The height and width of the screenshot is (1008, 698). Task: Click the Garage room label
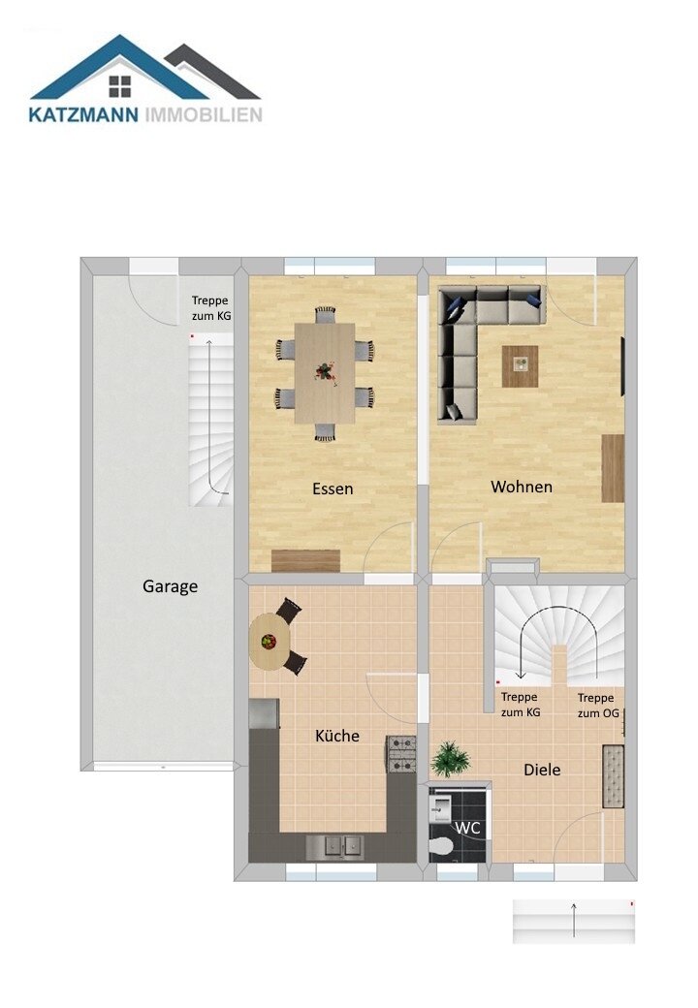click(x=170, y=586)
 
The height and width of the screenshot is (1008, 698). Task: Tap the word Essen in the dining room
click(x=333, y=488)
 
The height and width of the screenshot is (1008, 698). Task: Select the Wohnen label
click(x=522, y=487)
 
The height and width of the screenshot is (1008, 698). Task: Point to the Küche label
click(x=336, y=736)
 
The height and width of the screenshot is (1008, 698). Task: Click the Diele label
click(x=542, y=770)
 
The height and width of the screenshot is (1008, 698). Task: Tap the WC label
click(x=467, y=828)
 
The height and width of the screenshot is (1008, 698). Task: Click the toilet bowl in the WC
click(x=441, y=848)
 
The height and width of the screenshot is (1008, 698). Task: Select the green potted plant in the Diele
click(x=450, y=759)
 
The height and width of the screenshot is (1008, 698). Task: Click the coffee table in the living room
click(x=520, y=366)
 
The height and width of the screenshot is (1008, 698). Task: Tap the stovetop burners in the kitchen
click(x=401, y=755)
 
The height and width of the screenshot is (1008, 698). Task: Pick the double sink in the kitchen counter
click(x=334, y=847)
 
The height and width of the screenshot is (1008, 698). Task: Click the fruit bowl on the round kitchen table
click(x=269, y=641)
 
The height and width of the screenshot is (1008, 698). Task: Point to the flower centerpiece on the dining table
click(x=325, y=372)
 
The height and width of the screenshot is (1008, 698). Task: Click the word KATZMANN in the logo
click(x=83, y=115)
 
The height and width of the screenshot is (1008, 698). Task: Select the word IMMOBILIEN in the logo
click(x=204, y=115)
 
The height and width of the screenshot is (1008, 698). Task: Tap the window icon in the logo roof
click(x=119, y=86)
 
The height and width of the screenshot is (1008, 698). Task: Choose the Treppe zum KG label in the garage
click(x=210, y=308)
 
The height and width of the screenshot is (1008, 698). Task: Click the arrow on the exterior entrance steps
click(x=574, y=920)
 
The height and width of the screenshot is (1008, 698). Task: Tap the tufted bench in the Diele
click(x=613, y=776)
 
